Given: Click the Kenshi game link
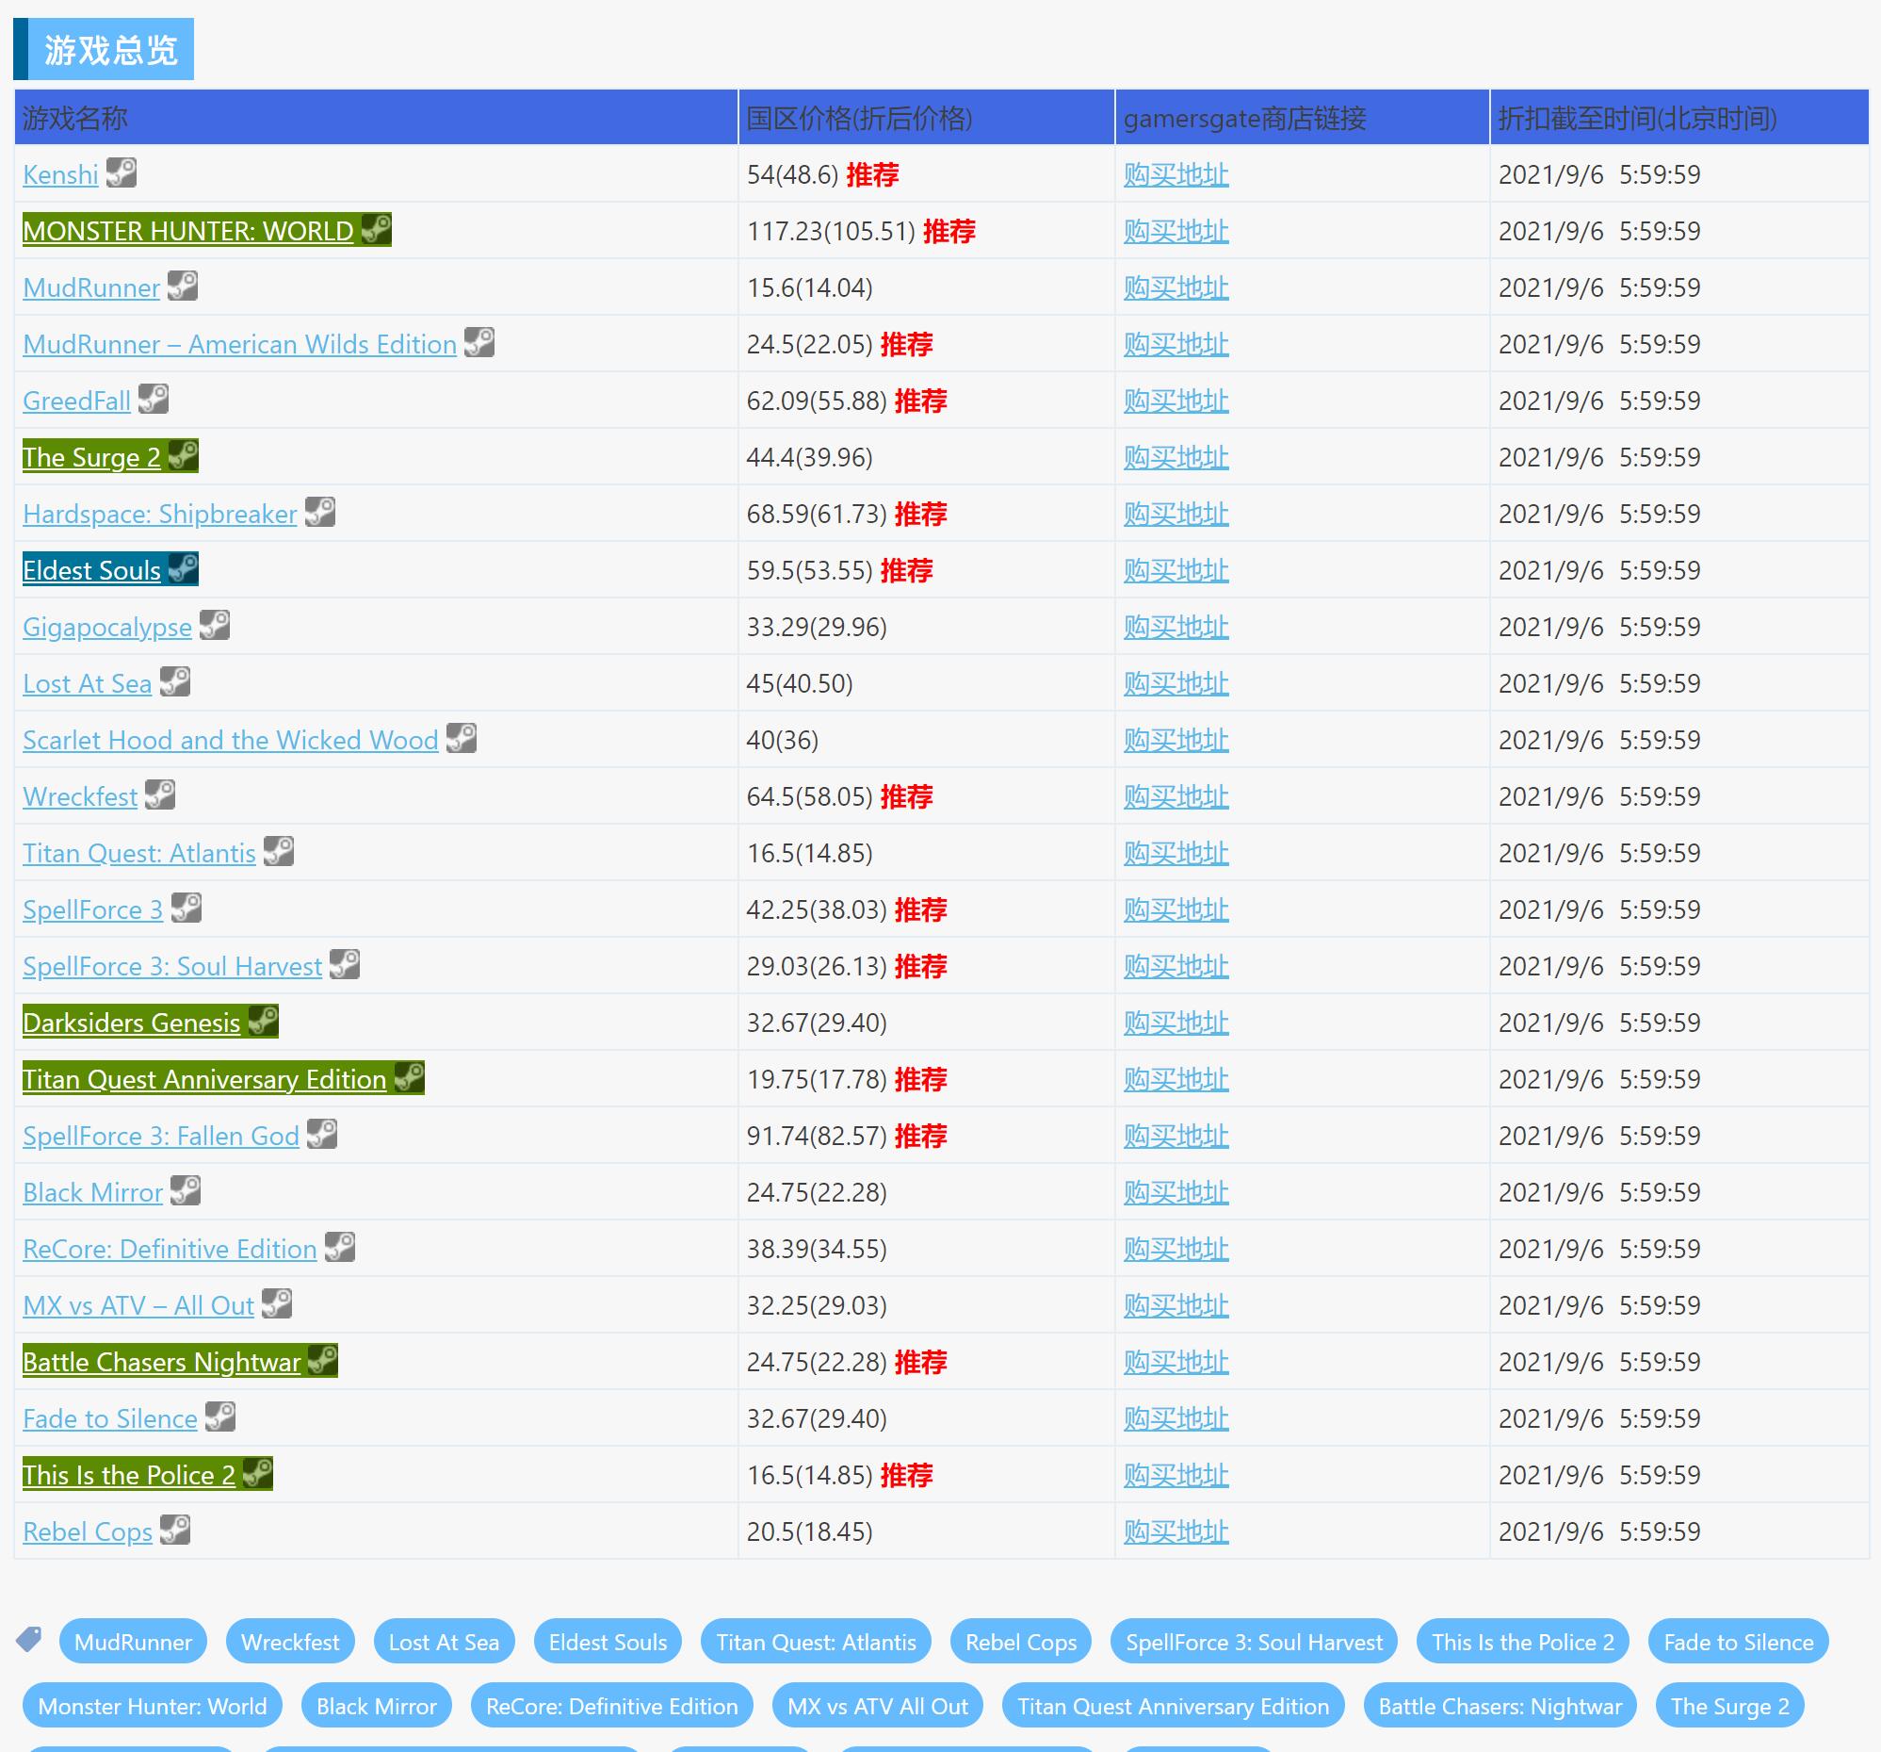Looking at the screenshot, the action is (x=60, y=174).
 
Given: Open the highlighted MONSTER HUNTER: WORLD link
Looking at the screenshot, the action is (x=187, y=231).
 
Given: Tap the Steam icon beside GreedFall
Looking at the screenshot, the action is (x=154, y=400).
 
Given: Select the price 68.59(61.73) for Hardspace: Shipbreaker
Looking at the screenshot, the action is (x=817, y=514).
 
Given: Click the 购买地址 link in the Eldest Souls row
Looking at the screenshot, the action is (x=1176, y=571).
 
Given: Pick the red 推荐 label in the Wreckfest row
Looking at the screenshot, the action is (x=905, y=797).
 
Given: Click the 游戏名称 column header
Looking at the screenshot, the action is (x=74, y=119).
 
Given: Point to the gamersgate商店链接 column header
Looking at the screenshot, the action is (x=1244, y=119).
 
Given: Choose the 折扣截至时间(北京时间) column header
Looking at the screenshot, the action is (x=1637, y=119).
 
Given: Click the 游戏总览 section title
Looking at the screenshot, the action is (x=111, y=49).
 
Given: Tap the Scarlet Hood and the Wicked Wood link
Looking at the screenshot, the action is (x=230, y=740).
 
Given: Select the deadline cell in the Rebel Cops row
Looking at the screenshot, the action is (x=1599, y=1531).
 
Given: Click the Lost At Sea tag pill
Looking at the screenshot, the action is (x=444, y=1642).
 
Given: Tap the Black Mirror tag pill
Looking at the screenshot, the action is (x=377, y=1707).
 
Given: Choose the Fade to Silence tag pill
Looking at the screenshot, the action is (x=1738, y=1642).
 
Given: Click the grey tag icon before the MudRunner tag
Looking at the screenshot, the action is (x=29, y=1639).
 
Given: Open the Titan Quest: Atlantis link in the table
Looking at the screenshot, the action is (x=139, y=854).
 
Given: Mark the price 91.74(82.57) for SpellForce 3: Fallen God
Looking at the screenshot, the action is (x=817, y=1136).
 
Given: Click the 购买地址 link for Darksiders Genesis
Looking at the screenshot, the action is (x=1176, y=1023).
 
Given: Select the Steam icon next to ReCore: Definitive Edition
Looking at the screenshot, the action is (x=340, y=1248).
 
